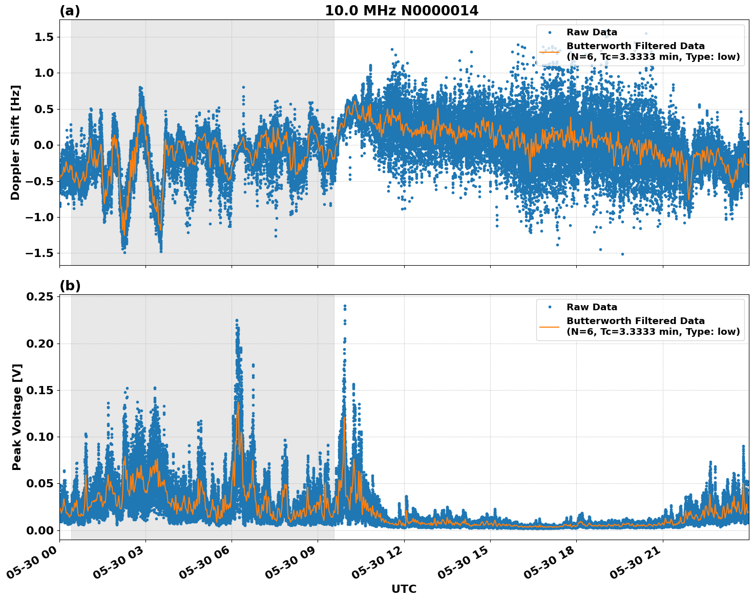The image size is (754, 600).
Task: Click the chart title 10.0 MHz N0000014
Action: (x=402, y=11)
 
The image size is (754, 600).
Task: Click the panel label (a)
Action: (x=70, y=11)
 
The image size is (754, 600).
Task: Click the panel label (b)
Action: (x=70, y=286)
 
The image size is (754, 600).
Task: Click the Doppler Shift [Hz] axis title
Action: (x=16, y=142)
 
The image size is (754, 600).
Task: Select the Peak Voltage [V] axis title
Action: (x=17, y=417)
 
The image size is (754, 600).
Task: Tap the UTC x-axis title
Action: (x=404, y=589)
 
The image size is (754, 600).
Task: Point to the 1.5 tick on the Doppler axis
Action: (x=45, y=37)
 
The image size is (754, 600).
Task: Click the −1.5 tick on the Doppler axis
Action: (x=41, y=253)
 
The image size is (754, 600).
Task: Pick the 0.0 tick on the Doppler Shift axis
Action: (x=45, y=145)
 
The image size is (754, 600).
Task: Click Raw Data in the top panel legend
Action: (x=592, y=32)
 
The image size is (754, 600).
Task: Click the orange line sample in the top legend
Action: (x=549, y=52)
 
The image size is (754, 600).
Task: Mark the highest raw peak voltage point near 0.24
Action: (x=345, y=306)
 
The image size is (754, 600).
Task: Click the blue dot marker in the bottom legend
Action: (x=549, y=307)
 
